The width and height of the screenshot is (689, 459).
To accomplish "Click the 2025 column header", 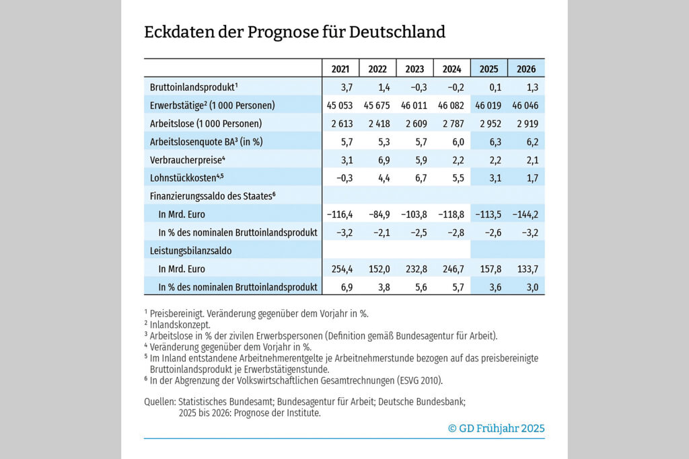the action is coord(488,69).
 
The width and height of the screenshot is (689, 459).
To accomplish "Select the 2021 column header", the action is coord(340,69).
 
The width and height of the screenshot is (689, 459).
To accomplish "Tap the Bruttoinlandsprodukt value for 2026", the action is coord(532,87).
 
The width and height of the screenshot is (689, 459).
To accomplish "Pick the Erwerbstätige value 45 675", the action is coord(377,106).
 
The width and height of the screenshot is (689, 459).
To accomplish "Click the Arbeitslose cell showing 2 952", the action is coord(491,124).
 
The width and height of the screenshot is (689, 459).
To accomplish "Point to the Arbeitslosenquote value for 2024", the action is coord(458,142).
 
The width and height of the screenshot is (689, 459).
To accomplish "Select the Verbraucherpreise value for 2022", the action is coord(384,160).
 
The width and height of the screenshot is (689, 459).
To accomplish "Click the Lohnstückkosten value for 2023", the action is coord(421,178).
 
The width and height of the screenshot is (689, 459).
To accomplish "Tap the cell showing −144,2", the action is coord(525,214).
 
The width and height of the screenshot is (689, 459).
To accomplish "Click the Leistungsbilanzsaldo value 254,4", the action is coord(342,269).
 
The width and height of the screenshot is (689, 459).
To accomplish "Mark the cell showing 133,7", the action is coord(528,269).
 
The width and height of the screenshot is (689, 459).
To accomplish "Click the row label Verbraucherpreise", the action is coord(187,160).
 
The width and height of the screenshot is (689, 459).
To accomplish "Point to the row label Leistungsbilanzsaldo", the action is coord(190,251).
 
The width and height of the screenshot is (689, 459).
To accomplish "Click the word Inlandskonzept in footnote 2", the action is coord(180,325).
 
